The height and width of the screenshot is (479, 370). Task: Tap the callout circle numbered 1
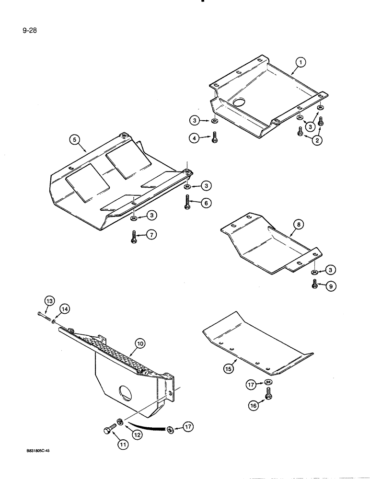point(300,62)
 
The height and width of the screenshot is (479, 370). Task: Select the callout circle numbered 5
point(74,140)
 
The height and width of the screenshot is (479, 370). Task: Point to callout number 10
point(139,343)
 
